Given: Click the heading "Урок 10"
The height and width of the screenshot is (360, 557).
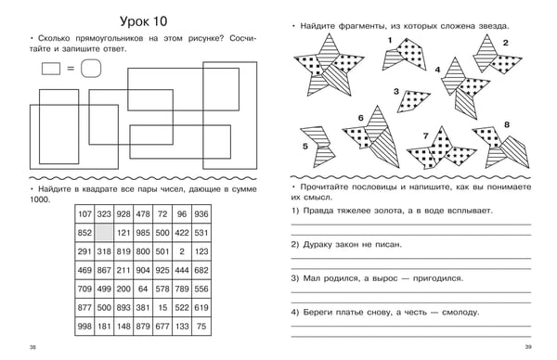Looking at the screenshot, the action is [x=144, y=21].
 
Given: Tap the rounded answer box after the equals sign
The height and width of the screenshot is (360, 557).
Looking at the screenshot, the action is [x=91, y=68].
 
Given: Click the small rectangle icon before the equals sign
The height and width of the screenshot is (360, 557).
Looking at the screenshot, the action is [x=51, y=69].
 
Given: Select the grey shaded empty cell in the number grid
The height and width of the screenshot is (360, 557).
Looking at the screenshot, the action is [x=104, y=233].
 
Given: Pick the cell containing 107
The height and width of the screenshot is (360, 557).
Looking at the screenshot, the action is [x=84, y=214].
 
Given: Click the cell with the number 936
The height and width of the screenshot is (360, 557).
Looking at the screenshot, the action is [x=201, y=214].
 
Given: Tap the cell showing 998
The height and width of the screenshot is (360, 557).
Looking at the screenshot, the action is [x=84, y=327].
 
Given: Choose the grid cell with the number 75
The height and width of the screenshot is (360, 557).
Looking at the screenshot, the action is [x=201, y=327].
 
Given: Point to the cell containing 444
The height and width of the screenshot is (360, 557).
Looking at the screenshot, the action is [x=182, y=270].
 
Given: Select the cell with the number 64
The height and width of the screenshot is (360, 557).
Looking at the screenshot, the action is [x=143, y=289].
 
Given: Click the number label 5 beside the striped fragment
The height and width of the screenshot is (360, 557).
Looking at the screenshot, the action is [x=305, y=147].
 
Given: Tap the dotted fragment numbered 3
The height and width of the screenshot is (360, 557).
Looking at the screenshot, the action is [x=413, y=100].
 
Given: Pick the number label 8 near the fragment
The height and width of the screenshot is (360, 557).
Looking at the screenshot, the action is [x=507, y=124].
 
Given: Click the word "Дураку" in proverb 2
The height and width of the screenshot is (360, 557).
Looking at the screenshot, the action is [x=317, y=245].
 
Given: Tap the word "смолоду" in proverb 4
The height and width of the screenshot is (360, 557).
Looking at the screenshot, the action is [x=460, y=313].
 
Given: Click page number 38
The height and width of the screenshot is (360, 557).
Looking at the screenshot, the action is [x=32, y=347].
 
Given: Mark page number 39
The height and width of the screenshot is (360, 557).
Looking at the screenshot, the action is [x=528, y=347].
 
